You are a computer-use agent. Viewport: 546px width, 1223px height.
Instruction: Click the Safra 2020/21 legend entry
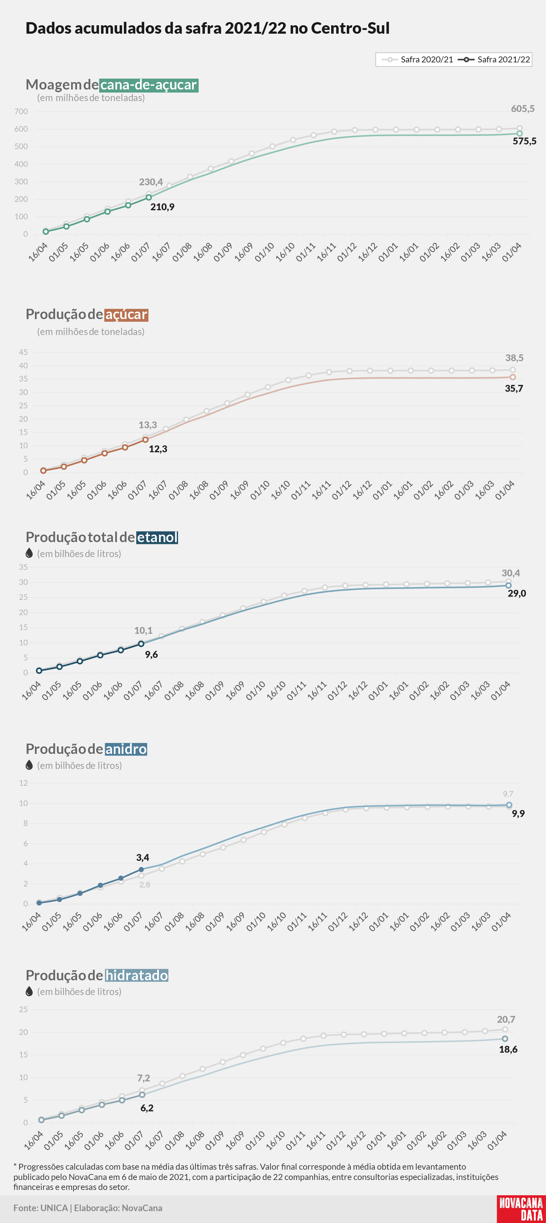pyautogui.click(x=417, y=59)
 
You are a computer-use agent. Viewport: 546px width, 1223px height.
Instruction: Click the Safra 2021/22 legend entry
pyautogui.click(x=494, y=59)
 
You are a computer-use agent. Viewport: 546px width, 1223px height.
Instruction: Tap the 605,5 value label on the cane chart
pyautogui.click(x=523, y=109)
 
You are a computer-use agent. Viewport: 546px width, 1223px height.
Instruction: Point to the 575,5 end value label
pyautogui.click(x=524, y=141)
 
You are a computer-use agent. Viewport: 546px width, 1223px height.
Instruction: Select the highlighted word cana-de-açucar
pyautogui.click(x=149, y=85)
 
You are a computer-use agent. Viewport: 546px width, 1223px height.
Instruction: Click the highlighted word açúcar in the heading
pyautogui.click(x=126, y=315)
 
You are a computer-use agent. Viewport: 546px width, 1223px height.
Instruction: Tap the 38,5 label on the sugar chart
pyautogui.click(x=514, y=358)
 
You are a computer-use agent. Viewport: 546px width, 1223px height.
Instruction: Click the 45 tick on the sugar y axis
pyautogui.click(x=23, y=352)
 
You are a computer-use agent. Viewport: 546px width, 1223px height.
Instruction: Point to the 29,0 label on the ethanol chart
pyautogui.click(x=517, y=594)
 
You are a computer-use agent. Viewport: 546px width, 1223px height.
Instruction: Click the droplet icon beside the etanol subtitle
pyautogui.click(x=29, y=553)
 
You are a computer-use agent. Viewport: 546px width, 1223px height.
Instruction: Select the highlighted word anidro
pyautogui.click(x=126, y=749)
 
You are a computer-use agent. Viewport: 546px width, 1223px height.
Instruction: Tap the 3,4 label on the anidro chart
pyautogui.click(x=143, y=857)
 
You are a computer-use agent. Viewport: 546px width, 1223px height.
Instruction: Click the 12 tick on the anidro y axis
pyautogui.click(x=23, y=783)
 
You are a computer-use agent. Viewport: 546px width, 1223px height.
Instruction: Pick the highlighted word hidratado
pyautogui.click(x=137, y=976)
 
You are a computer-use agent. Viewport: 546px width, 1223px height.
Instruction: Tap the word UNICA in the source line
pyautogui.click(x=54, y=1208)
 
